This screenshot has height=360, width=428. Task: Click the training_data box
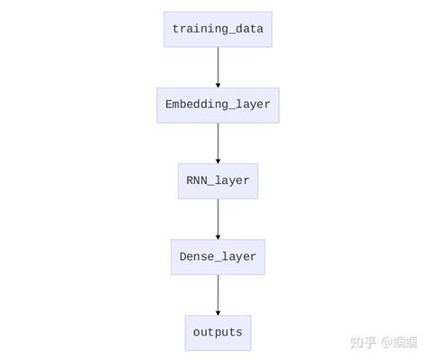[218, 30]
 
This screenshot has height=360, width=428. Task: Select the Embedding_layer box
[218, 106]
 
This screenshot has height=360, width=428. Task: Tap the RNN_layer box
[218, 181]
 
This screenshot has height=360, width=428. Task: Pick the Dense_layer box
[218, 257]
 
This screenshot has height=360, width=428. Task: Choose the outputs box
[218, 332]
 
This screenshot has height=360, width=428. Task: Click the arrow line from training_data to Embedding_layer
[218, 66]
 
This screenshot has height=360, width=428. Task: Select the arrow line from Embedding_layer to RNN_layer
[218, 142]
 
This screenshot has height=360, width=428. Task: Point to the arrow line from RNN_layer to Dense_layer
[218, 217]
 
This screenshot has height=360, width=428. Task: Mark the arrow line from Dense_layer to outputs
[218, 293]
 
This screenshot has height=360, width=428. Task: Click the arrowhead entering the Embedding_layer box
[218, 85]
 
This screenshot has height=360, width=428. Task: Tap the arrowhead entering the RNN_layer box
[218, 161]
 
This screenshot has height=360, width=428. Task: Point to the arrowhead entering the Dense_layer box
[218, 236]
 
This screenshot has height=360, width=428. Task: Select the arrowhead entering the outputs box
[218, 312]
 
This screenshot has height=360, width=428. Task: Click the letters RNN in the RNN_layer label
[196, 181]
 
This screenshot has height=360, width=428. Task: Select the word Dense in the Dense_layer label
[196, 257]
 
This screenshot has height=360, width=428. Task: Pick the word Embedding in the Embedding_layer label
[198, 106]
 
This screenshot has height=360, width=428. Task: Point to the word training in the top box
[200, 30]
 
